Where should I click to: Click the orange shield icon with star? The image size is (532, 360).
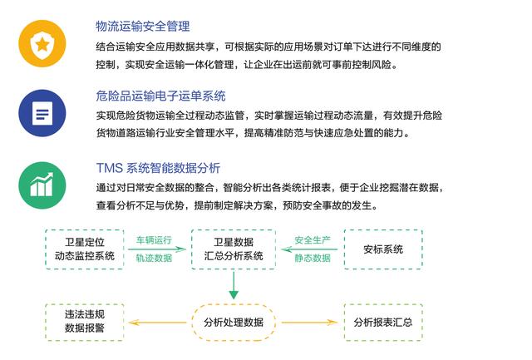pyautogui.click(x=42, y=44)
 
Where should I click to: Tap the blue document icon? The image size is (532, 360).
pyautogui.click(x=42, y=113)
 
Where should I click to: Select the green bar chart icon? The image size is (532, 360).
pyautogui.click(x=42, y=185)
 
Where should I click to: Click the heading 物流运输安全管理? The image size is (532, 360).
pyautogui.click(x=142, y=26)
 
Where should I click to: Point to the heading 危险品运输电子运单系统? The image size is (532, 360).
pyautogui.click(x=160, y=96)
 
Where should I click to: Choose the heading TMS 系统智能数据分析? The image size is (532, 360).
pyautogui.click(x=158, y=168)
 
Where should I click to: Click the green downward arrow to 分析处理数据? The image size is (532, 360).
pyautogui.click(x=234, y=285)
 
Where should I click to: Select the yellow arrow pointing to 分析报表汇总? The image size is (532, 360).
pyautogui.click(x=309, y=323)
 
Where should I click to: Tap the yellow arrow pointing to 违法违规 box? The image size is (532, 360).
pyautogui.click(x=157, y=323)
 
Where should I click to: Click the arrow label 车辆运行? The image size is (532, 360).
pyautogui.click(x=154, y=240)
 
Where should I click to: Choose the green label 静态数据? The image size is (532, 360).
pyautogui.click(x=313, y=259)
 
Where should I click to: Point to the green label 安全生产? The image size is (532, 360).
pyautogui.click(x=313, y=240)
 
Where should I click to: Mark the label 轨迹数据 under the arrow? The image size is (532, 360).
pyautogui.click(x=154, y=259)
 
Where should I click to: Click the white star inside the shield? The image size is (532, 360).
pyautogui.click(x=42, y=44)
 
